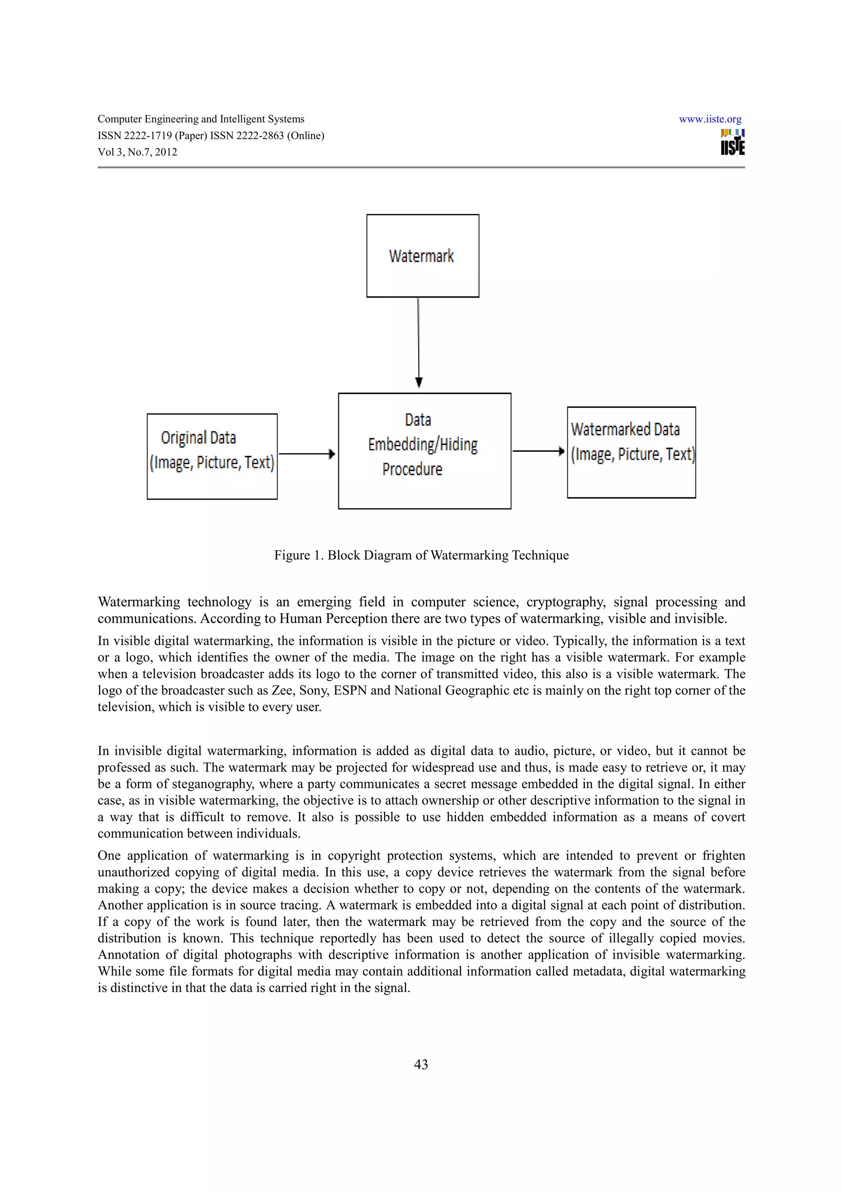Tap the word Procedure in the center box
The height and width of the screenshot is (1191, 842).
(412, 469)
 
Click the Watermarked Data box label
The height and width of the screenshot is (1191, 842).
(631, 442)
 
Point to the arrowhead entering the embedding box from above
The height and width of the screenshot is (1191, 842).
(419, 383)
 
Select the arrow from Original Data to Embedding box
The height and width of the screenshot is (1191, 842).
(306, 454)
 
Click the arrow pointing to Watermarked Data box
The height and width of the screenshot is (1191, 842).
(538, 451)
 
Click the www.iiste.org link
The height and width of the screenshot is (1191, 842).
(710, 119)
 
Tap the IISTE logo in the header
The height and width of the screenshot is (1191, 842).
(733, 142)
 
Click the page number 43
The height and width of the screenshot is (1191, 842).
(421, 1064)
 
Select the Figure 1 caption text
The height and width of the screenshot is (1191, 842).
(421, 556)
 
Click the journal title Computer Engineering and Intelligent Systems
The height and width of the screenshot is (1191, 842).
(201, 119)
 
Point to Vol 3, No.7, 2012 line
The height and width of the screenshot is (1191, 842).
(137, 152)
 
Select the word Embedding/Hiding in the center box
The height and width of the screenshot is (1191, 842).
(423, 445)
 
